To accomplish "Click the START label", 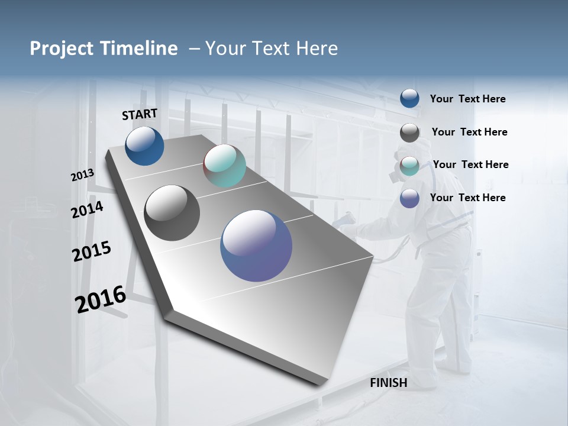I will (x=140, y=114).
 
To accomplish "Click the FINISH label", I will (x=388, y=383).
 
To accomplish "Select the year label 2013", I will (x=82, y=175).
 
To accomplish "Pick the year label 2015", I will (x=92, y=251).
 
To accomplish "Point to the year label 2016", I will (x=101, y=299).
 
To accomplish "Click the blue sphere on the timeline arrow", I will (x=144, y=146).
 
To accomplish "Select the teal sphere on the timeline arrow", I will (x=224, y=166).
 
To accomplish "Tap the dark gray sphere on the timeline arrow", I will (x=172, y=213).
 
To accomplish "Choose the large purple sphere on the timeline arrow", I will (x=256, y=246).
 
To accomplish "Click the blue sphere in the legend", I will (x=409, y=99).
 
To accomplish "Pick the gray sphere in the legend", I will (x=409, y=133).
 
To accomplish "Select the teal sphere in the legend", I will (x=409, y=166).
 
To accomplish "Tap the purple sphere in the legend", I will (x=409, y=198).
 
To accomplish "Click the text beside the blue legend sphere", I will (x=467, y=99).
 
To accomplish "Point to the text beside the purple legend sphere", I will (x=467, y=198).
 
